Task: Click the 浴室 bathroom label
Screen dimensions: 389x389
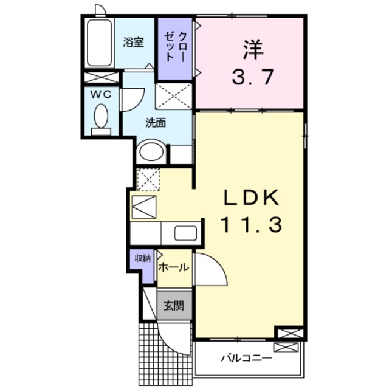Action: [133, 42]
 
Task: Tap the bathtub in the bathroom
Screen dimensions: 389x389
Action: [98, 45]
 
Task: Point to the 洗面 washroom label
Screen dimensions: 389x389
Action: [156, 122]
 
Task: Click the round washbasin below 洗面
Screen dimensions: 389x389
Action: [151, 153]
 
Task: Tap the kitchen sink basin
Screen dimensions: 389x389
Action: [185, 232]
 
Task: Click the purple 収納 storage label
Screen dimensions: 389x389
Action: [142, 258]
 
